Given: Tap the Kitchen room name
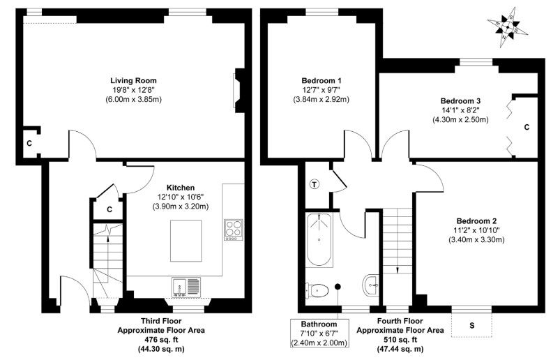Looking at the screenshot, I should (180, 187).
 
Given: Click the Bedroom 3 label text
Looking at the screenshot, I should (460, 100).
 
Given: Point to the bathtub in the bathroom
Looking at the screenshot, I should (319, 240).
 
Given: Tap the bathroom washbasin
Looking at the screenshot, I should (371, 283).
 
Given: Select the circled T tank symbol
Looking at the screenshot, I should (314, 184).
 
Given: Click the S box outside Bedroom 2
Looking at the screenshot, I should (471, 325).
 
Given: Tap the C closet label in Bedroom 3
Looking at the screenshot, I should (527, 127).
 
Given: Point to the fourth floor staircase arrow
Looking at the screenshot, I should (398, 269).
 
